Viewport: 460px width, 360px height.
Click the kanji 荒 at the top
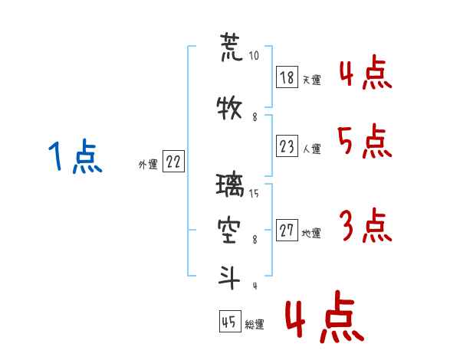pos(232,47)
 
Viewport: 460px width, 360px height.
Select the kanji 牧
pos(229,107)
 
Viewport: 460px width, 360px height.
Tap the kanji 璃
pos(230,185)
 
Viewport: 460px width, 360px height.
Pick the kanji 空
pos(228,231)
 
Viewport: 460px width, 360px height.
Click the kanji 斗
pos(229,277)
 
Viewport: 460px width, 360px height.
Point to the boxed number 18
pos(287,77)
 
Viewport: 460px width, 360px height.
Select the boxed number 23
pos(287,146)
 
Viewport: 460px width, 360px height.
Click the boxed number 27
pos(287,230)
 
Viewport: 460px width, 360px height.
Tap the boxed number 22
pos(173,161)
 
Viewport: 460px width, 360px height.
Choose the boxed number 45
pos(230,321)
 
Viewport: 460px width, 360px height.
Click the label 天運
pos(311,80)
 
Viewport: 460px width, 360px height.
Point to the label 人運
pos(311,149)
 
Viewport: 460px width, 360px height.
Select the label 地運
pos(311,233)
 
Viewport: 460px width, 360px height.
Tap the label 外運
pos(148,165)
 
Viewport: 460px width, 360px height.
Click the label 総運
pos(255,325)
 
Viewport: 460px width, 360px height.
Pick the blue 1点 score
pos(75,156)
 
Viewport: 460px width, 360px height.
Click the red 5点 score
pos(364,141)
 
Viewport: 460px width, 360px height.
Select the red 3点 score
pos(366,225)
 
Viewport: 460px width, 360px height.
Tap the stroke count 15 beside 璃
pos(254,194)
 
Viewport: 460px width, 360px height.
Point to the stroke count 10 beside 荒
pos(254,55)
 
